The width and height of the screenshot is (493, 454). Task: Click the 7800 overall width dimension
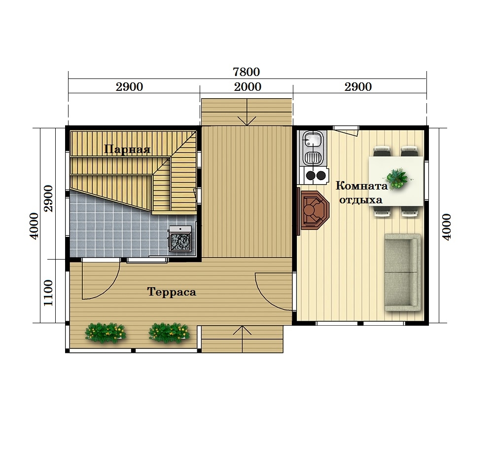[246, 72]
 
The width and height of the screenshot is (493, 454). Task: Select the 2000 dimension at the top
[247, 87]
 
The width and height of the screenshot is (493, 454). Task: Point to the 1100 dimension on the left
[48, 293]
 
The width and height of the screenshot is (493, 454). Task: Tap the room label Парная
[127, 149]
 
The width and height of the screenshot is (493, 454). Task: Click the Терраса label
[172, 292]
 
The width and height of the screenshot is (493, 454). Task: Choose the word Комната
[361, 186]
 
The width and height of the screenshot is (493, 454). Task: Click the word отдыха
[361, 200]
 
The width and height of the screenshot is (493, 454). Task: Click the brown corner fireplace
[315, 210]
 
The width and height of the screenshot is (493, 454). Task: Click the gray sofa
[402, 272]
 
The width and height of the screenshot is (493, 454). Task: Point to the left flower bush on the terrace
[106, 333]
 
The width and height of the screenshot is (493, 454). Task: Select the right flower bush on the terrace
[169, 333]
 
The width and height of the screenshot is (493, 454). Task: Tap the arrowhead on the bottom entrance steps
[242, 330]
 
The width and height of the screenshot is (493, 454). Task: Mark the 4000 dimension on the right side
[447, 227]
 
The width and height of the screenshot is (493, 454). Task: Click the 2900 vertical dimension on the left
[48, 198]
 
